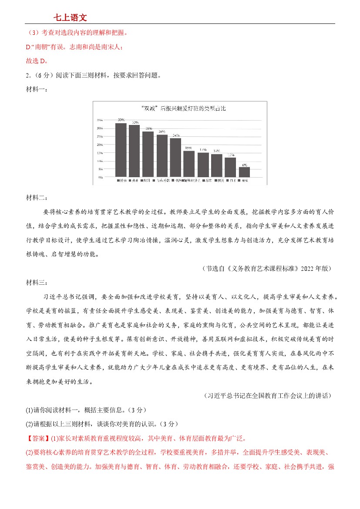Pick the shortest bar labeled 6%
point(244,172)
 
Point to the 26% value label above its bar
point(162,131)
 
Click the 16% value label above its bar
point(189,148)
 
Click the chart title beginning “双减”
point(179,108)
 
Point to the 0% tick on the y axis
point(100,177)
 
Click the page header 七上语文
point(70,17)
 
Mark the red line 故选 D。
point(37,61)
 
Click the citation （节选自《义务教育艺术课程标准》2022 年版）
point(267,269)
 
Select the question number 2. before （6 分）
point(28,75)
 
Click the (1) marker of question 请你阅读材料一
point(30,410)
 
